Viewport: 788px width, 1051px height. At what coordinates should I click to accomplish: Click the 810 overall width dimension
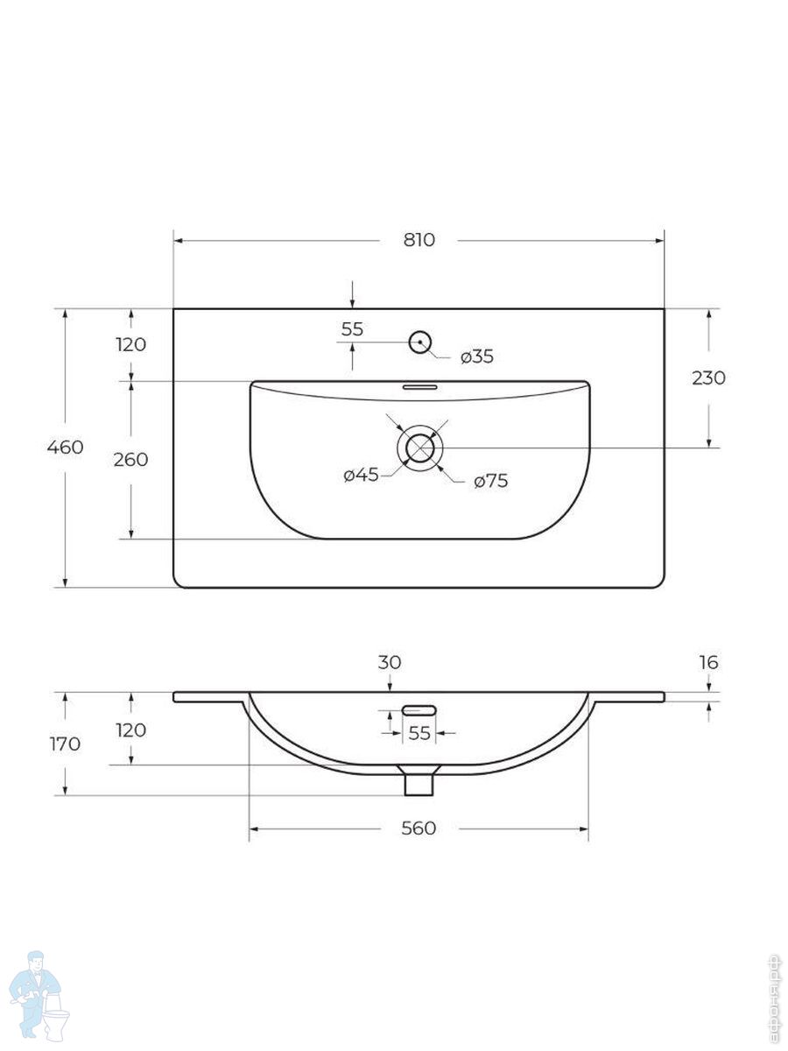419,240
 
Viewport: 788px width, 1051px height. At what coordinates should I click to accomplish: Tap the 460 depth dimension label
65,448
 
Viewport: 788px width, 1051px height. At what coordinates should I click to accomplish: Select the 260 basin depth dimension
130,460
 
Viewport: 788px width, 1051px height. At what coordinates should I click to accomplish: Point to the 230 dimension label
708,378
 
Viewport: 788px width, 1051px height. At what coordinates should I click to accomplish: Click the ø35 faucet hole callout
477,356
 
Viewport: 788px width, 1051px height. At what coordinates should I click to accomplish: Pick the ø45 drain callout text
362,476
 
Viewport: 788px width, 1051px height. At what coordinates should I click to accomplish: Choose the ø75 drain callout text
491,481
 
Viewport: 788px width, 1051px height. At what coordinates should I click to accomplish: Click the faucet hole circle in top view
420,342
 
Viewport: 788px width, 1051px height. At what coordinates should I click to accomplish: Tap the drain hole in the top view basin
419,448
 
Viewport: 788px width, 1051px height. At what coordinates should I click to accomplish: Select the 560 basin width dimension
419,829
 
